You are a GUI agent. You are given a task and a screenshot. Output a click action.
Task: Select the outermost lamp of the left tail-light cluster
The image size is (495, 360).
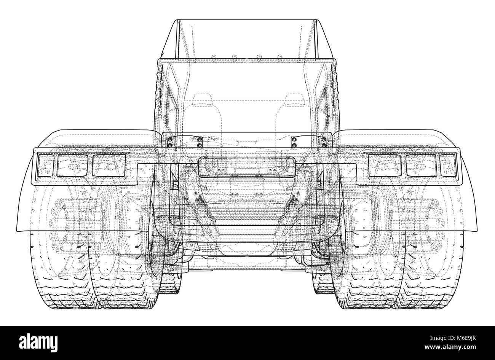(x=46, y=164)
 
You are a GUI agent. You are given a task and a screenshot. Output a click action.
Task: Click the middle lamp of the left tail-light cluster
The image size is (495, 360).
(x=72, y=165)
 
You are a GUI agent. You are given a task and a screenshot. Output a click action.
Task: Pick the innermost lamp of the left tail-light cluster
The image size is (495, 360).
(x=109, y=165)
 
